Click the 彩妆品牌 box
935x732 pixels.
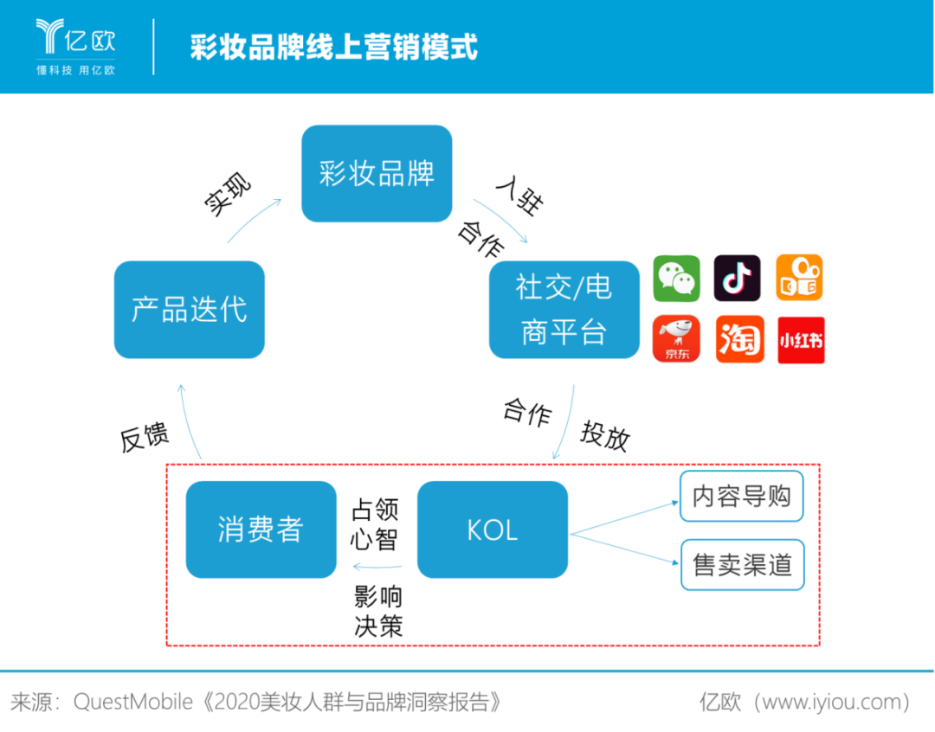coord(377,174)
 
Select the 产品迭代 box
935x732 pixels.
coord(190,309)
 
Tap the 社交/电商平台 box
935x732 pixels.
coord(564,309)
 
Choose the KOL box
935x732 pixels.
coord(493,530)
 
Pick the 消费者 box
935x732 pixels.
coord(261,530)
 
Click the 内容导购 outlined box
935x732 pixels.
coord(742,497)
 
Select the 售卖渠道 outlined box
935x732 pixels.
coord(742,565)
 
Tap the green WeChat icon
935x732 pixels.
coord(676,278)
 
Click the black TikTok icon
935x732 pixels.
coord(738,278)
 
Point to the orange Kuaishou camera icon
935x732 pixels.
coord(799,278)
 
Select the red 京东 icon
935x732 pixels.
coord(676,339)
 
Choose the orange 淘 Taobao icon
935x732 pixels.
coord(739,339)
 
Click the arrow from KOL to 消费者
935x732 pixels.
coord(377,568)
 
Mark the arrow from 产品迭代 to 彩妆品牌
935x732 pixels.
coord(255,220)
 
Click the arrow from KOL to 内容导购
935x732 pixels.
coord(623,517)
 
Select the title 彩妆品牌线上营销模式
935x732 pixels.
coord(333,47)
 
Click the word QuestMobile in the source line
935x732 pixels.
coord(132,702)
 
